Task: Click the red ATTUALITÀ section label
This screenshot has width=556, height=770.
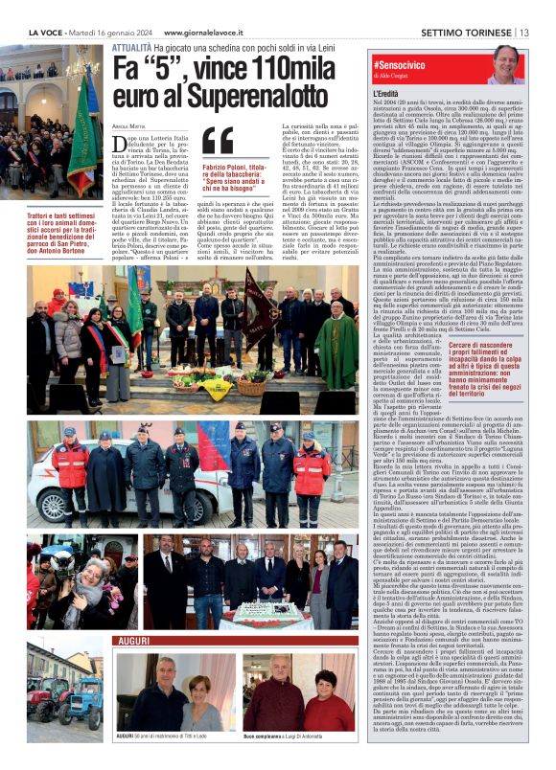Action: coord(132,47)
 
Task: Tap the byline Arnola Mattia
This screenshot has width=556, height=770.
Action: coord(130,124)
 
